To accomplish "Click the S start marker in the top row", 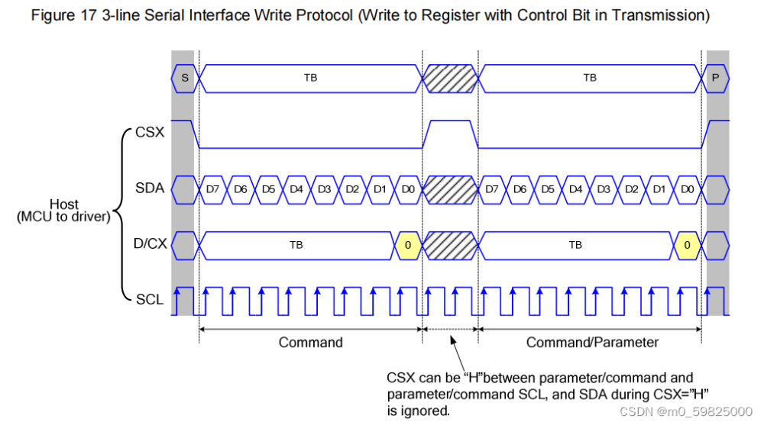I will pyautogui.click(x=184, y=78).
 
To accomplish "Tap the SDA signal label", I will pyautogui.click(x=149, y=188).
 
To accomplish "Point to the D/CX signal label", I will pyautogui.click(x=147, y=245).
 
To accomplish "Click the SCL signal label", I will pyautogui.click(x=149, y=299).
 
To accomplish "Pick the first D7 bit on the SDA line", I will pyautogui.click(x=212, y=188).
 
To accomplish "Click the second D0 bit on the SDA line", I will pyautogui.click(x=688, y=188).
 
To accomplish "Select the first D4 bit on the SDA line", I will pyautogui.click(x=296, y=188).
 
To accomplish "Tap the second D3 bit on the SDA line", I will pyautogui.click(x=604, y=188).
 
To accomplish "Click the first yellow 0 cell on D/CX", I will pyautogui.click(x=408, y=245).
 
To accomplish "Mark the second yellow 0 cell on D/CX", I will pyautogui.click(x=688, y=245).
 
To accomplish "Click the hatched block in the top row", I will pyautogui.click(x=450, y=78).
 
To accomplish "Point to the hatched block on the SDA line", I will pyautogui.click(x=450, y=188).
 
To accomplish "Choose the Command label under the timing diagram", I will pyautogui.click(x=310, y=343).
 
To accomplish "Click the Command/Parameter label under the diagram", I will pyautogui.click(x=592, y=343).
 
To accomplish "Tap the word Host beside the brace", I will pyautogui.click(x=63, y=204).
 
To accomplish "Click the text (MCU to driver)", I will pyautogui.click(x=63, y=217).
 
